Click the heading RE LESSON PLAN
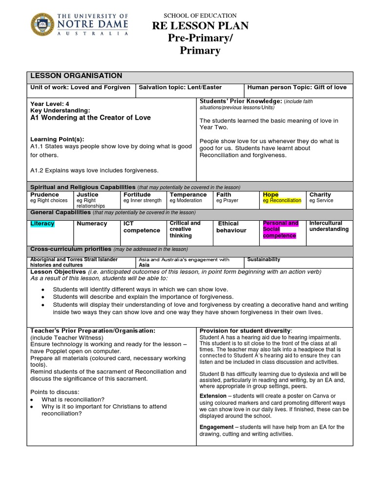[200, 26]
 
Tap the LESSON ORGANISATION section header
[76, 76]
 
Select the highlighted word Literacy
[42, 224]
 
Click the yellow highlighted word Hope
[271, 194]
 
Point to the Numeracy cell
[92, 224]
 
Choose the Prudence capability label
[45, 194]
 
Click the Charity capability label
[320, 194]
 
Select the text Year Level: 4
[50, 104]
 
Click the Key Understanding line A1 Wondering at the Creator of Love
[90, 118]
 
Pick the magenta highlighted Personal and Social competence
[281, 229]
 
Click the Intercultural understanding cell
[329, 226]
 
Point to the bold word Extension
[213, 396]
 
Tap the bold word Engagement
[216, 427]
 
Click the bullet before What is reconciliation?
[32, 399]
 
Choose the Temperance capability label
[188, 194]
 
